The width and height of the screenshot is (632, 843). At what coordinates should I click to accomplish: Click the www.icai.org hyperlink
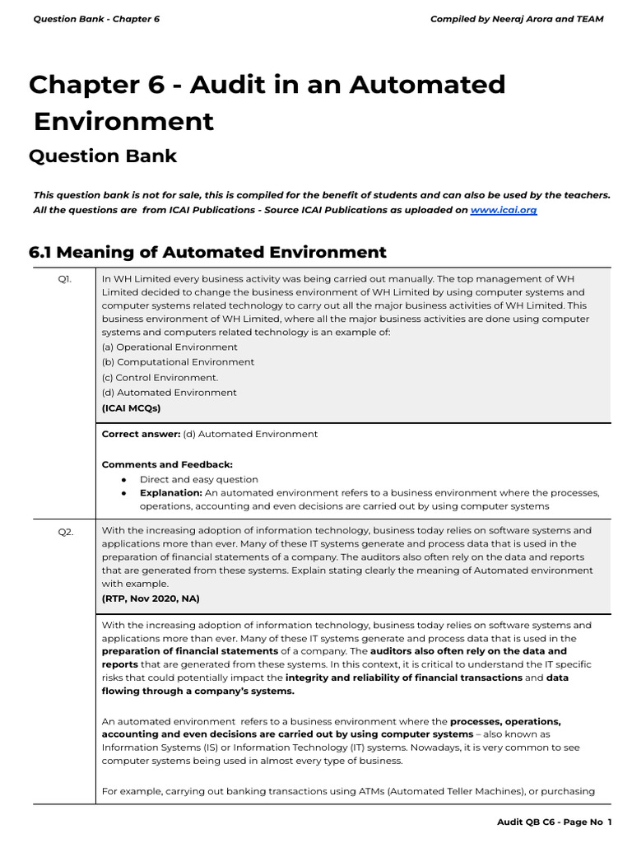click(x=504, y=210)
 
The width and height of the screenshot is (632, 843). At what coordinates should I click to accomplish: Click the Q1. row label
click(x=64, y=279)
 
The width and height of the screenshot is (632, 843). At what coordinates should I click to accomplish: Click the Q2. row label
click(x=65, y=532)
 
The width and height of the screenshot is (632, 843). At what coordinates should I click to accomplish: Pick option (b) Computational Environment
click(x=178, y=362)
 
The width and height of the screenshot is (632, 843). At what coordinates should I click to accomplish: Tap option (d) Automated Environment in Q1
click(x=169, y=393)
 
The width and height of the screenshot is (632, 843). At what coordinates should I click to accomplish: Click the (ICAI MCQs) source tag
click(x=132, y=408)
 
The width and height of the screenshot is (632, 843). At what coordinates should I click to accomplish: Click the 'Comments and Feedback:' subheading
click(x=167, y=464)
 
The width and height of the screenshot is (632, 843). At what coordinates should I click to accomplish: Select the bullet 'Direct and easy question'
click(x=198, y=479)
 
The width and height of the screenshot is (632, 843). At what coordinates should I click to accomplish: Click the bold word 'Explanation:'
click(x=170, y=493)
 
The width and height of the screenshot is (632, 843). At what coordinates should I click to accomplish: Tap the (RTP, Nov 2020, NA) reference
click(x=151, y=598)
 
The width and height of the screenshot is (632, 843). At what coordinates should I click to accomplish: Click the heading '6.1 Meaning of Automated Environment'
click(x=207, y=252)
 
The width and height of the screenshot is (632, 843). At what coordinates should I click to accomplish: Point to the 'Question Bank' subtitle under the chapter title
click(x=103, y=156)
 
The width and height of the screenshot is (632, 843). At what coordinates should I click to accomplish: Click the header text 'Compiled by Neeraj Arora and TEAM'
click(x=517, y=19)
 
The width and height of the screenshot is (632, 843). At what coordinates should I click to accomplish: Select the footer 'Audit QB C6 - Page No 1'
click(x=555, y=822)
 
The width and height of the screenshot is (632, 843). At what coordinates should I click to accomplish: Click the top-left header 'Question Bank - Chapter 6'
click(x=96, y=19)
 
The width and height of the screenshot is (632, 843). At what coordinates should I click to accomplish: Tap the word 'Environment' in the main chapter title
click(x=123, y=121)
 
